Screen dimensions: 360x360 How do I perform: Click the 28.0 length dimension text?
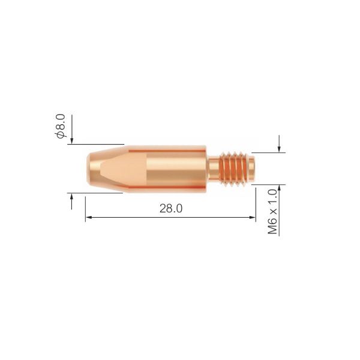coord(170,209)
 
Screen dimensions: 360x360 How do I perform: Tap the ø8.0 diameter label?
coord(61,126)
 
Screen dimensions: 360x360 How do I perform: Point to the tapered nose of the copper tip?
coord(105,169)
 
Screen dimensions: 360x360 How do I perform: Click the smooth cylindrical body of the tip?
coord(174,169)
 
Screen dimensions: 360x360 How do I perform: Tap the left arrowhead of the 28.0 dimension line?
coord(89,218)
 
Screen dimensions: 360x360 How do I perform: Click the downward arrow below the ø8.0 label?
coord(71,139)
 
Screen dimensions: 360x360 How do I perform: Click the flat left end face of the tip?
coord(85,169)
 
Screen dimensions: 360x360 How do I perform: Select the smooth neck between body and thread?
coord(214,169)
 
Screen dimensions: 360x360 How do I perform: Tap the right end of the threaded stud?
coord(254,169)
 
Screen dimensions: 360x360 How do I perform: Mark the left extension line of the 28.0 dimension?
coord(85,207)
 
